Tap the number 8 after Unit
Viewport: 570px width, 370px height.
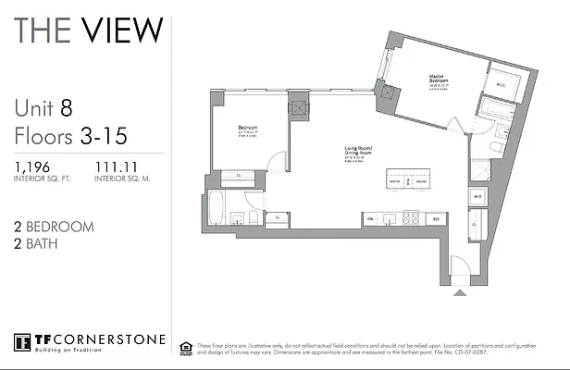coord(67,108)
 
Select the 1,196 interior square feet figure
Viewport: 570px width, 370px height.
coord(34,166)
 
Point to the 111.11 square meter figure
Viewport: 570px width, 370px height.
coord(117,166)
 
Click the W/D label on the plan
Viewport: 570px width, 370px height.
coord(477,197)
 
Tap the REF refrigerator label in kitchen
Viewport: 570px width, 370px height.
coord(436,219)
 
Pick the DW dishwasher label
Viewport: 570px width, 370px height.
coord(369,219)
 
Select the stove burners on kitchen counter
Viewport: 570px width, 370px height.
coord(409,219)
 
